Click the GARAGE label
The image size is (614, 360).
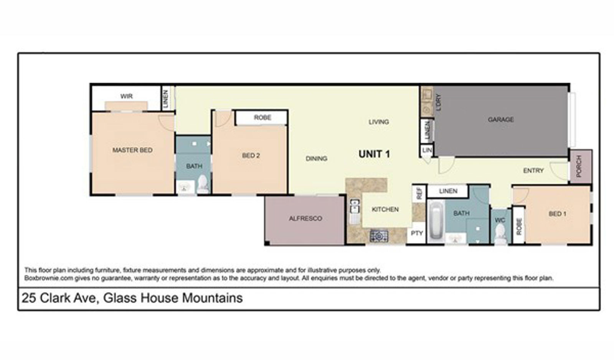(x=500, y=119)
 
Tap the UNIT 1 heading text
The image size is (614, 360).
(x=374, y=154)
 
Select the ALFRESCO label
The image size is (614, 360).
(x=305, y=218)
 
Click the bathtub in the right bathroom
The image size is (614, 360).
(x=436, y=220)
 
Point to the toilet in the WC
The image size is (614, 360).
(x=500, y=234)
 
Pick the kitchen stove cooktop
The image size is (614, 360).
(x=379, y=236)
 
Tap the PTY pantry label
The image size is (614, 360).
(x=417, y=233)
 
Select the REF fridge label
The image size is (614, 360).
(x=419, y=193)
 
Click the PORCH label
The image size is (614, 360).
(x=579, y=166)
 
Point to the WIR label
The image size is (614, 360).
(x=126, y=96)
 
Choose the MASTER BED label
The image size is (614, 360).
(x=132, y=150)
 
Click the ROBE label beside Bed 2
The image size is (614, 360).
(x=262, y=117)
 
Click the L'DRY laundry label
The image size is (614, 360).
(x=439, y=102)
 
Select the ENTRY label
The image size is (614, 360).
(x=533, y=170)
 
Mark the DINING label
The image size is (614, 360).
(x=316, y=159)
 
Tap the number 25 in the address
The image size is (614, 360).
(x=29, y=298)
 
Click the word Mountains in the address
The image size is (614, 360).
(x=212, y=298)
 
